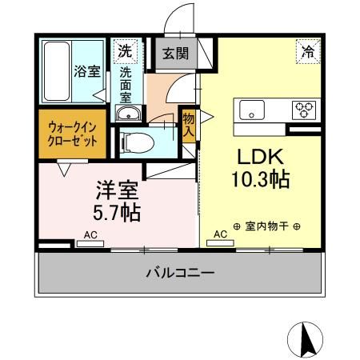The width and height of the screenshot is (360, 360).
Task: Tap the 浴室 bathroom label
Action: pyautogui.click(x=88, y=70)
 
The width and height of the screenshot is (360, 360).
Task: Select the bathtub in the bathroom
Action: pyautogui.click(x=57, y=70)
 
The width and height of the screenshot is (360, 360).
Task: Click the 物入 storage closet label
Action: pyautogui.click(x=189, y=125)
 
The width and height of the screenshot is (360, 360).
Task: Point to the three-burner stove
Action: pyautogui.click(x=305, y=110)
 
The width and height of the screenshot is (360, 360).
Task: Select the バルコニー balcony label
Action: pyautogui.click(x=180, y=274)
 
